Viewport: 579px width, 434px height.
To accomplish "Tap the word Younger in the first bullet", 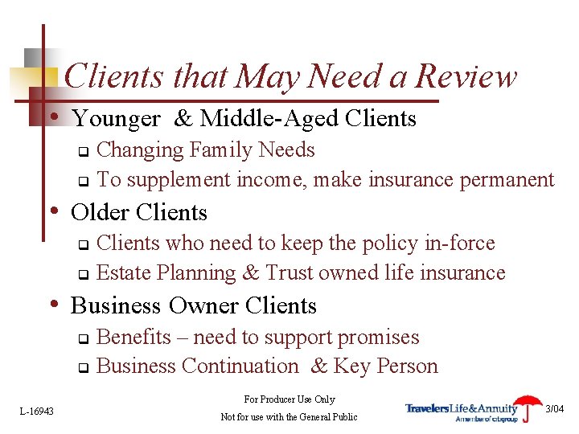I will pos(117,119).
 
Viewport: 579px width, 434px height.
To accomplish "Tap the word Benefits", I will pos(133,337).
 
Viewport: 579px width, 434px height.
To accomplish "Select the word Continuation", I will pos(240,366).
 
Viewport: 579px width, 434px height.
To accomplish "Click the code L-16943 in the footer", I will pos(37,411).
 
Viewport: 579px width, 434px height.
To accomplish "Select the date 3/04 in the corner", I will pos(556,409).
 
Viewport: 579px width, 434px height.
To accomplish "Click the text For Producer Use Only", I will pos(289,399).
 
